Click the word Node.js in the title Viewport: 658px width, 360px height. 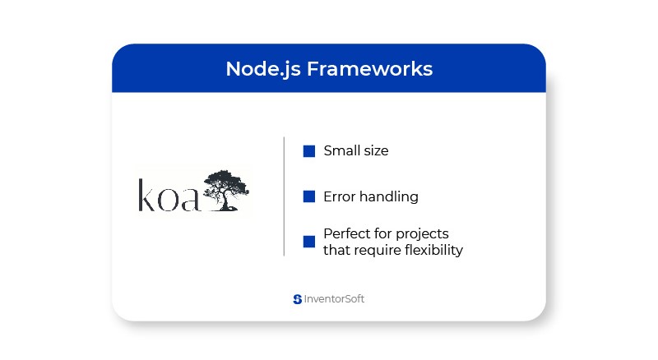pyautogui.click(x=263, y=69)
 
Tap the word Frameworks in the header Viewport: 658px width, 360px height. pyautogui.click(x=369, y=69)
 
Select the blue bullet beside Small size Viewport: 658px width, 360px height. pyautogui.click(x=309, y=151)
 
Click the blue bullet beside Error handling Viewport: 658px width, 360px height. pyautogui.click(x=309, y=196)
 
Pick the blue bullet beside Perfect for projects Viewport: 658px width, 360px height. pyautogui.click(x=309, y=242)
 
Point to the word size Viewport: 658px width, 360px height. pyautogui.click(x=373, y=151)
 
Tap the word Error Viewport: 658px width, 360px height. pyautogui.click(x=340, y=196)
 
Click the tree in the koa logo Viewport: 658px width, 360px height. pyautogui.click(x=225, y=190)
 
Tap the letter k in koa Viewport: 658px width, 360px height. pyautogui.click(x=146, y=195)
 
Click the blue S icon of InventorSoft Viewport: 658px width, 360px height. pyautogui.click(x=298, y=299)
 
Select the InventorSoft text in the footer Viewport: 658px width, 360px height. pyautogui.click(x=334, y=298)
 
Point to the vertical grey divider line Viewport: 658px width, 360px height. pyautogui.click(x=284, y=196)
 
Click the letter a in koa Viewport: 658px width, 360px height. pyautogui.click(x=190, y=200)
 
